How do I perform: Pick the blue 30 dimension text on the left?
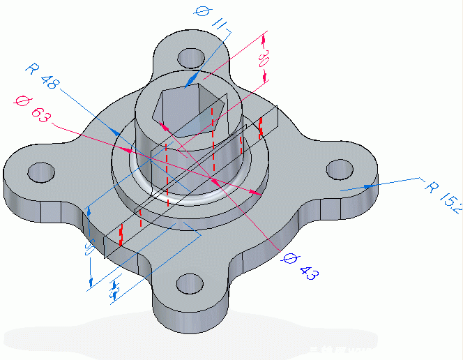(x=88, y=249)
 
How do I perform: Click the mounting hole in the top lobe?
(x=189, y=57)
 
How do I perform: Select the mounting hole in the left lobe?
(x=40, y=170)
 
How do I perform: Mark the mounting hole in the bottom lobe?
(x=190, y=283)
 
